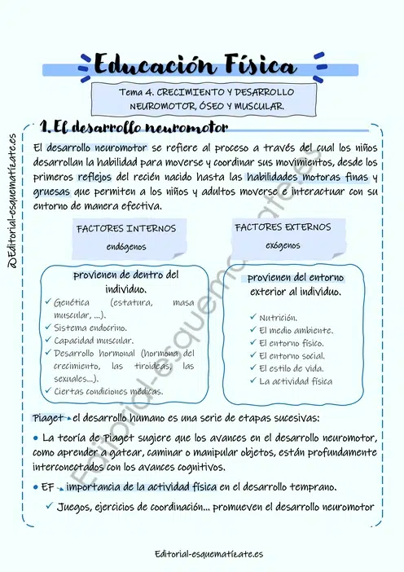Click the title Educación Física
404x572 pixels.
tap(195, 64)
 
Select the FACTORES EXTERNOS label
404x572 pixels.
tap(283, 227)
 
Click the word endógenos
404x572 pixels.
tap(126, 246)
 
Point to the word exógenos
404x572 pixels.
tap(283, 244)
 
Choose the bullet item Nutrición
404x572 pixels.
tap(278, 317)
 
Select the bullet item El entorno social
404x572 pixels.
tap(291, 356)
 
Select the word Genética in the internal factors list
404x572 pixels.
tap(72, 302)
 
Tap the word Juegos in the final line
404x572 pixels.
tap(77, 507)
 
